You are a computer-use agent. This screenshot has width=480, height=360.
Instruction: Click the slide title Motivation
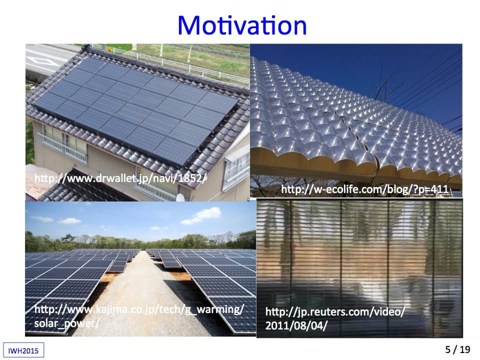242,25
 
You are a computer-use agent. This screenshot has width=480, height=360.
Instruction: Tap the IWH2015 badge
23,350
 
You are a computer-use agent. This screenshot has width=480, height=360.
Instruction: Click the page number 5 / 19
457,349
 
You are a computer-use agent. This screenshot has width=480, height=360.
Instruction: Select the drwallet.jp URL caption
120,178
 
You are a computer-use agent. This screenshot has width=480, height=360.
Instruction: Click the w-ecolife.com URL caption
364,189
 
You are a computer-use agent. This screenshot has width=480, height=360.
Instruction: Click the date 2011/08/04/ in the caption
296,325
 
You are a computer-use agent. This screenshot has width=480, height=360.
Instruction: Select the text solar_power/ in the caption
66,323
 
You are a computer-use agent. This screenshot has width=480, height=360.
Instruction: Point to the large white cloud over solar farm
201,215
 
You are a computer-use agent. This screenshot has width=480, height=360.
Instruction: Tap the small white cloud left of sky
69,220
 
